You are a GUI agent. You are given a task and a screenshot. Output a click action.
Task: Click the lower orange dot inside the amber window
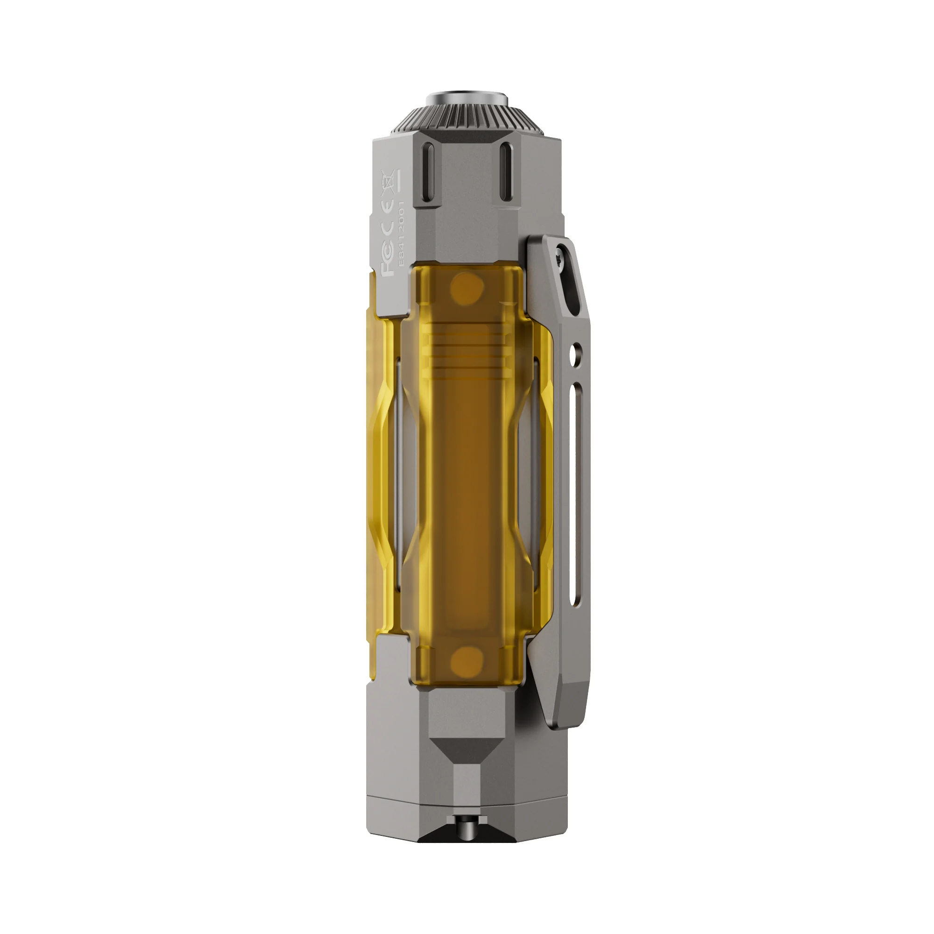467,660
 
